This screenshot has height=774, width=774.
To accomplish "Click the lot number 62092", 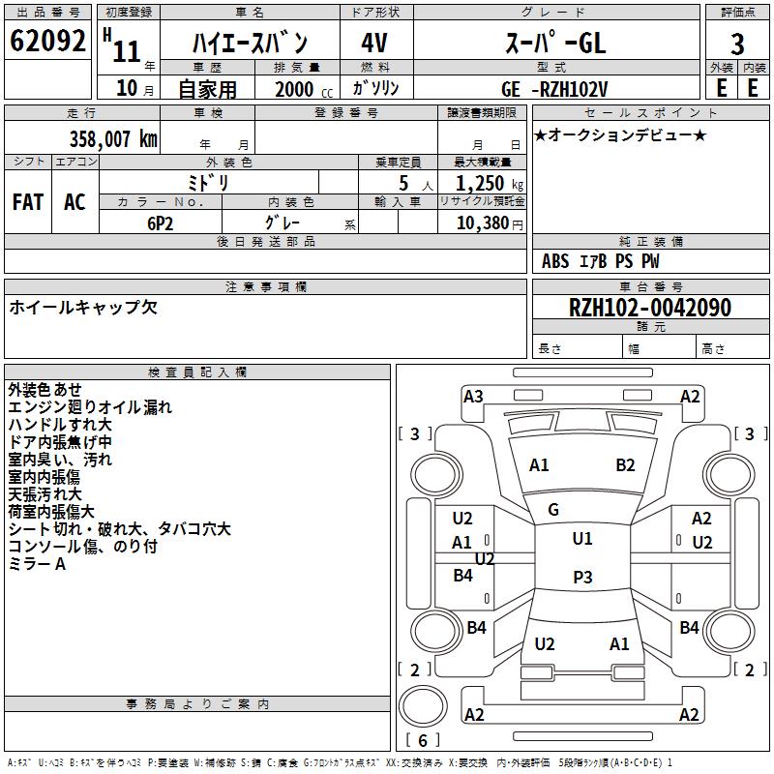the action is tap(47, 41).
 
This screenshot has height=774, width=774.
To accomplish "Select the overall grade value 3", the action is tap(737, 44).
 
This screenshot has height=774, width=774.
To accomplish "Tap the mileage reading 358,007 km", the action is tap(113, 139).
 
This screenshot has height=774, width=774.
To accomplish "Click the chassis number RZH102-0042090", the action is tap(649, 308).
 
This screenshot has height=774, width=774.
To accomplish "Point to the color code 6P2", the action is tap(161, 223).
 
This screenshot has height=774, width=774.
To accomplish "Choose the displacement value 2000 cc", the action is tap(304, 89).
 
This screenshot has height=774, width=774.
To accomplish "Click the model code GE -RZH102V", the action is tap(554, 89).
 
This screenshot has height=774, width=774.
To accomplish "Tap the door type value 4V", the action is tap(374, 43).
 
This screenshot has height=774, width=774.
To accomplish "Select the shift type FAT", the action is tap(28, 202).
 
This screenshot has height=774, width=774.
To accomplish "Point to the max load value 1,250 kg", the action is tap(490, 184).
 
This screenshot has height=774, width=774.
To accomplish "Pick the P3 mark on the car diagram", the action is tap(582, 577).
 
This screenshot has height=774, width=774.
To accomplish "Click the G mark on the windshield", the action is tap(553, 510).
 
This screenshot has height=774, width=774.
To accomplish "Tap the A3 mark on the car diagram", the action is tap(473, 397).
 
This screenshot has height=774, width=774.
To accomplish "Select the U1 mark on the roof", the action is tap(582, 539).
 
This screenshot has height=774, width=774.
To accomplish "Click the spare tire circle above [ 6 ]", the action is tap(423, 706).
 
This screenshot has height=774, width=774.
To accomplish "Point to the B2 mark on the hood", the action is tap(625, 465).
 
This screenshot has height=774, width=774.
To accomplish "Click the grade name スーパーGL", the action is tap(555, 43).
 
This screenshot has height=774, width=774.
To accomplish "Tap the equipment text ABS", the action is tap(555, 261).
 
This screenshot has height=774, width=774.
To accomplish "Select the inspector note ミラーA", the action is tap(37, 564).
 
